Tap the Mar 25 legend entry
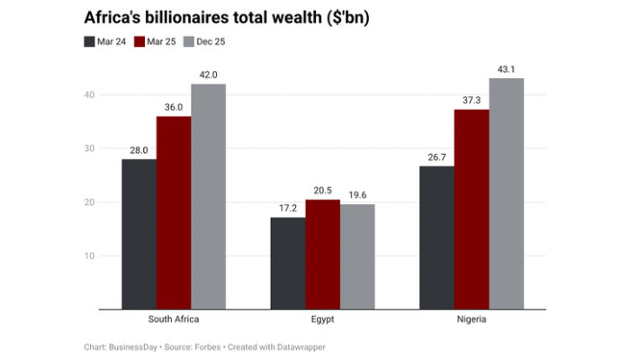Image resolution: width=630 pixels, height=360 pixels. [x=157, y=41]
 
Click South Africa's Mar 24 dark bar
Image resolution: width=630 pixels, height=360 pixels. [x=139, y=234]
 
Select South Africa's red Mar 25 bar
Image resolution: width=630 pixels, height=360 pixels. [x=174, y=212]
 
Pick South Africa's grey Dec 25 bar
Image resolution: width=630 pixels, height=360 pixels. [x=208, y=196]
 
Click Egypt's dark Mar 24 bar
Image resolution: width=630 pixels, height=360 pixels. [x=288, y=263]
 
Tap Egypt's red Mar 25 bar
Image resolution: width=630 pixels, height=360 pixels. [x=323, y=254]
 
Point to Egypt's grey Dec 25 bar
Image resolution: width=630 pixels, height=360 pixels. [x=357, y=256]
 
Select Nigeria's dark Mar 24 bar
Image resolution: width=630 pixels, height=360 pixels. [x=436, y=238]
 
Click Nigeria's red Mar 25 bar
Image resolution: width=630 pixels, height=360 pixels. [x=472, y=209]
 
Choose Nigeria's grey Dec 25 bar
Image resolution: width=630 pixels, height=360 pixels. [x=506, y=193]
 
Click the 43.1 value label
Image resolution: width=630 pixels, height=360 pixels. [x=506, y=69]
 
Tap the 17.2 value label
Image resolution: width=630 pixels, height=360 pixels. [x=288, y=208]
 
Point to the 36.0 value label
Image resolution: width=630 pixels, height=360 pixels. [x=174, y=107]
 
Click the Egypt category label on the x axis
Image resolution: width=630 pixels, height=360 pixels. [x=322, y=319]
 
